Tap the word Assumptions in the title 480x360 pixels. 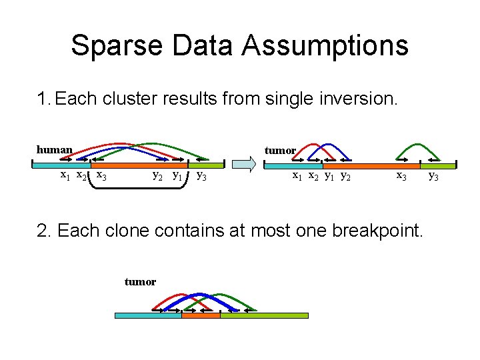pyautogui.click(x=325, y=45)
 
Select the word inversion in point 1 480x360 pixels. pyautogui.click(x=361, y=99)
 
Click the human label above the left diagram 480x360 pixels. pyautogui.click(x=54, y=149)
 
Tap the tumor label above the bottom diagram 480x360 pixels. pyautogui.click(x=140, y=282)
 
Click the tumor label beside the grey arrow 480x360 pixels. pyautogui.click(x=280, y=151)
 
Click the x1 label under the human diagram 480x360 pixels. pyautogui.click(x=65, y=175)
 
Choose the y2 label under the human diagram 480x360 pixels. pyautogui.click(x=158, y=176)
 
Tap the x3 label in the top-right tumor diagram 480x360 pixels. pyautogui.click(x=401, y=176)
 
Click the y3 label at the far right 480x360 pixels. pyautogui.click(x=433, y=176)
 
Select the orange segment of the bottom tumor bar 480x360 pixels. pyautogui.click(x=201, y=315)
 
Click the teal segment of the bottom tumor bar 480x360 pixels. pyautogui.click(x=147, y=315)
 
